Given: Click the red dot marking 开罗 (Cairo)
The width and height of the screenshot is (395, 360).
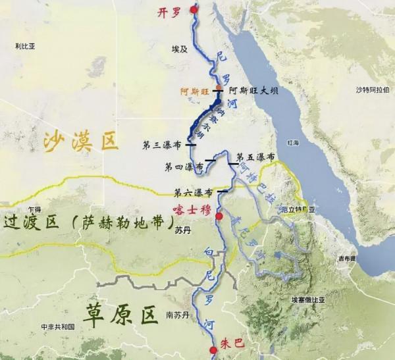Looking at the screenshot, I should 194,9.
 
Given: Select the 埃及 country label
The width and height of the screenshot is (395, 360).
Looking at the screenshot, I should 179,49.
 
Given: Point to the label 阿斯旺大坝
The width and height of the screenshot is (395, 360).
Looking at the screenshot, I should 253,91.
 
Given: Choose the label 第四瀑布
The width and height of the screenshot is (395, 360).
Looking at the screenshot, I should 184,167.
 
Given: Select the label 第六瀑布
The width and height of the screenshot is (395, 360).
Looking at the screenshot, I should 193,193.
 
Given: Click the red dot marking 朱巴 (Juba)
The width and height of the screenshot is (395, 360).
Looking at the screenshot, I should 213,351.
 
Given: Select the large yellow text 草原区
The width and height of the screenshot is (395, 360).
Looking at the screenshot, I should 121,315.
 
